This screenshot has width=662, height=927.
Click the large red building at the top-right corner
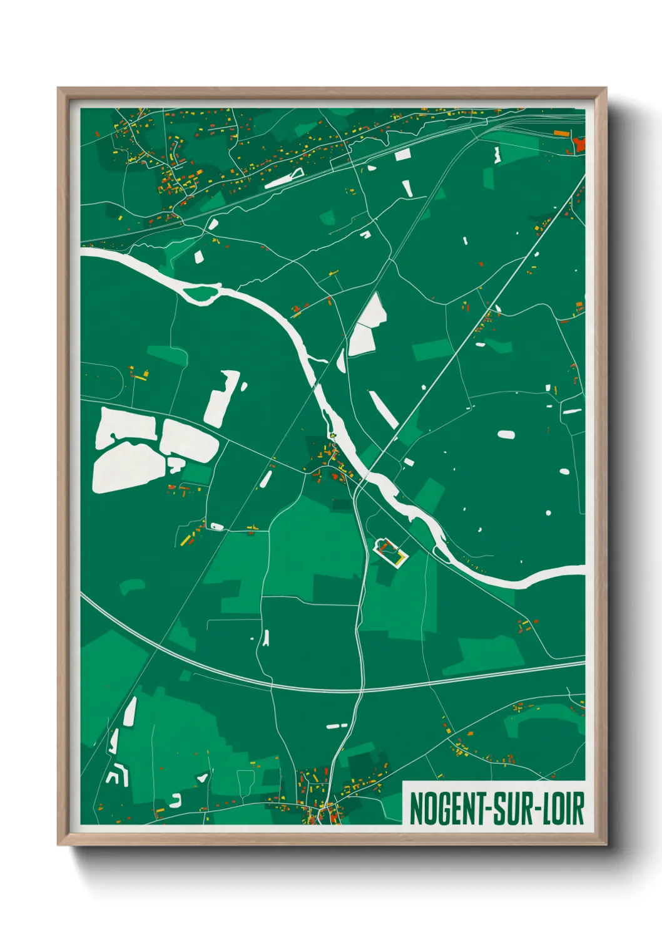(579, 145)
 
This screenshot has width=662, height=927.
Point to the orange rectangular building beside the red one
(561, 133)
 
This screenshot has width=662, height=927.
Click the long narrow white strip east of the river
(383, 410)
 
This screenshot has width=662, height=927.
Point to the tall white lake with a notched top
(220, 398)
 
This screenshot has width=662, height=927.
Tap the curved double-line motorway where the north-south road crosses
(361, 690)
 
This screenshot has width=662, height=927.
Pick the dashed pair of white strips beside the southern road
(337, 726)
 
